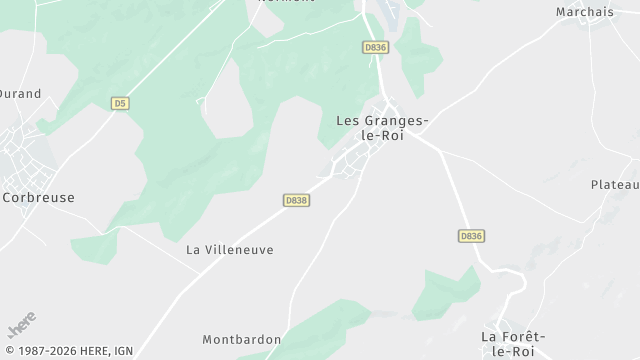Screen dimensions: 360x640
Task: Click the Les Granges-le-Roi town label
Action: [x=382, y=128]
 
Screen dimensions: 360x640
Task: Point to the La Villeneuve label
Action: [x=230, y=249]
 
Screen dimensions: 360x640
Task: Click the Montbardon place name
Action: [x=241, y=340]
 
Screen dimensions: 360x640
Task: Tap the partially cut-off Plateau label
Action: [x=614, y=185]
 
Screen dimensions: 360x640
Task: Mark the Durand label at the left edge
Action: [x=20, y=94]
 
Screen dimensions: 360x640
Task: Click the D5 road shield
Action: [x=120, y=102]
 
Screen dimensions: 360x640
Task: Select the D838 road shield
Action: [x=296, y=200]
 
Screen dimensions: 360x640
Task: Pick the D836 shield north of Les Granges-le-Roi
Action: [x=375, y=47]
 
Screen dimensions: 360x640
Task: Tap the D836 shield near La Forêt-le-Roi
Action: [x=471, y=236]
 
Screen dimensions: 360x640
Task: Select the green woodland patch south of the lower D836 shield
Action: [x=445, y=291]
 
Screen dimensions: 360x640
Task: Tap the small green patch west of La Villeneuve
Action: [x=95, y=246]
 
